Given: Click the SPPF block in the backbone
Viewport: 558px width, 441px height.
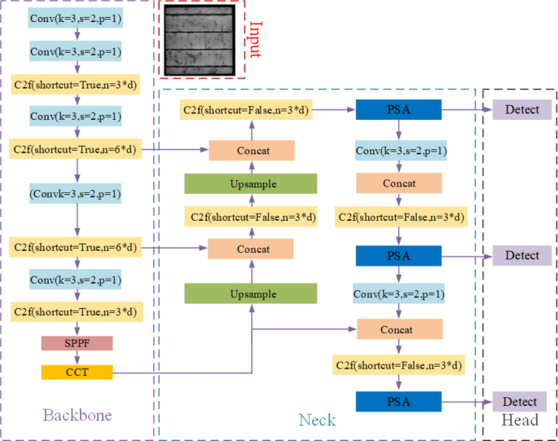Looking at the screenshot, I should click(x=77, y=343).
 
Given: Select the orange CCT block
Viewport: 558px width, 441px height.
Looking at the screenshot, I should click(x=77, y=373).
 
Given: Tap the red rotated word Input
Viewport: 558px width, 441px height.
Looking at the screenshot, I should click(x=255, y=38).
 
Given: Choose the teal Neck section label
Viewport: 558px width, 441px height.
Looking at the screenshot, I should click(x=316, y=420).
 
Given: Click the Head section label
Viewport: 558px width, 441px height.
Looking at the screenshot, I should click(x=520, y=420).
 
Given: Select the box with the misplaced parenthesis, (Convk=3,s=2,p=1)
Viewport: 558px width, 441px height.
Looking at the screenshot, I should click(x=77, y=195).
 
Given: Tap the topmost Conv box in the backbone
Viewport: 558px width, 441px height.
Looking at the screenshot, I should click(x=76, y=18).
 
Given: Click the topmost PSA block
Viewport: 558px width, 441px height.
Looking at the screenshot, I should click(x=398, y=109).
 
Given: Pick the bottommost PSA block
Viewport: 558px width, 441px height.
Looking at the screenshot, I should click(x=398, y=401).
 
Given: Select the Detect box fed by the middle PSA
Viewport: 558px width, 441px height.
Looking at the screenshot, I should click(x=521, y=255).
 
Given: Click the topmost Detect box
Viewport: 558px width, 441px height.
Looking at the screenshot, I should click(x=521, y=109).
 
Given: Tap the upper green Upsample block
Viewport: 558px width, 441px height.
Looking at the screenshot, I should click(x=250, y=183).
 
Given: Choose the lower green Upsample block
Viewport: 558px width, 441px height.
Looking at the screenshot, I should click(x=250, y=293).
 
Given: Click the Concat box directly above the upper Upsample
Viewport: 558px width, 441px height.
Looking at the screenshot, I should click(x=250, y=150).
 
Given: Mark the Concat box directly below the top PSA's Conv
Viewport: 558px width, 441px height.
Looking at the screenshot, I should click(x=399, y=183).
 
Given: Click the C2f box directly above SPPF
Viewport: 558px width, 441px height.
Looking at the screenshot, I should click(x=77, y=311).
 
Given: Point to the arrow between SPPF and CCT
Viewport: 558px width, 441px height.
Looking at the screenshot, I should click(x=77, y=358).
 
